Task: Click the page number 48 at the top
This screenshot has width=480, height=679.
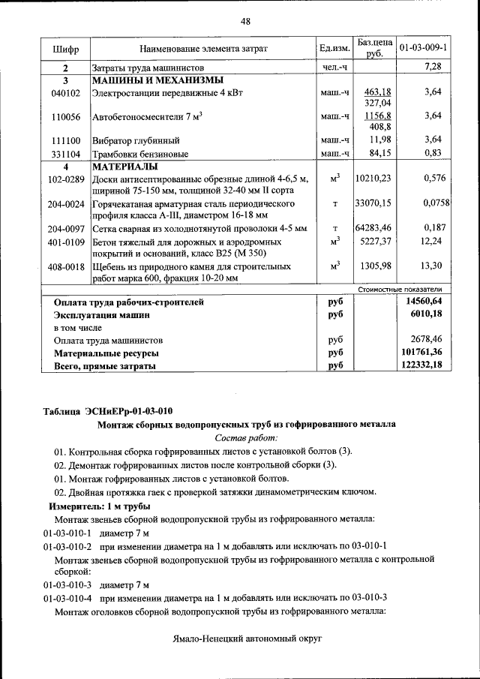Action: tap(244, 21)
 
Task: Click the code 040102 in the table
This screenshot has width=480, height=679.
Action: tap(66, 92)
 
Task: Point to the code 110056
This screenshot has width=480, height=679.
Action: tap(66, 117)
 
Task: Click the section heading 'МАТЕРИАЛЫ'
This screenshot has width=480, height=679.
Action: tap(124, 166)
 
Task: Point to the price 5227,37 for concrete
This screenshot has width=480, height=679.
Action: tap(375, 242)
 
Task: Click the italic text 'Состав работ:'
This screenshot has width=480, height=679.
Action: tap(246, 437)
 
